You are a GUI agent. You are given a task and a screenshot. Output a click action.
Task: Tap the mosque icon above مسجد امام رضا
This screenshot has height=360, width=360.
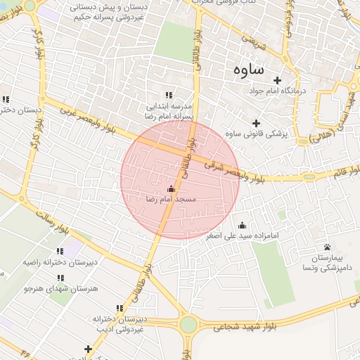(x=171, y=188)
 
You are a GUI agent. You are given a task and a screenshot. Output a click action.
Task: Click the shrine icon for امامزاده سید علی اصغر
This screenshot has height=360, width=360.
(x=243, y=225)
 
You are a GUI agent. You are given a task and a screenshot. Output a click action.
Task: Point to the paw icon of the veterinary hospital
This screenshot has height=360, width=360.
(x=328, y=247)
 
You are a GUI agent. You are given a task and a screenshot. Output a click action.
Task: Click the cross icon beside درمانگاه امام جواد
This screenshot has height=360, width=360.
(x=277, y=80)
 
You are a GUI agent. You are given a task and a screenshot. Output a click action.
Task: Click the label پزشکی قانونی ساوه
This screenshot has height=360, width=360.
(x=257, y=134)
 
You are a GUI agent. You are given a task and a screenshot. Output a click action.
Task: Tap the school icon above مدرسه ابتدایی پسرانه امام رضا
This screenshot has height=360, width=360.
(x=169, y=95)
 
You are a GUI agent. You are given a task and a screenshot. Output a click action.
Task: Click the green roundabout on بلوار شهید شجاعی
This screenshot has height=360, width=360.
(x=188, y=324)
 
